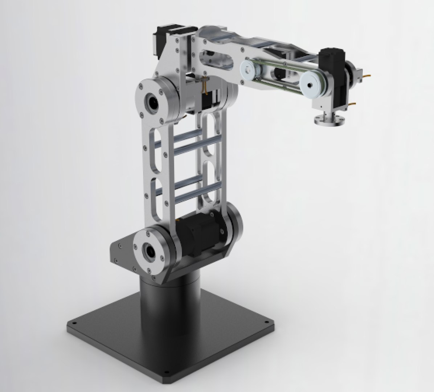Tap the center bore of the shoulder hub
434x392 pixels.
(149, 250)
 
